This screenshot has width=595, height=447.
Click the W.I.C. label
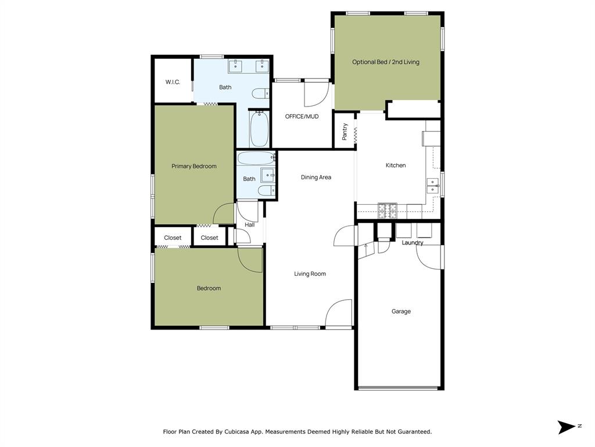[x=173, y=82]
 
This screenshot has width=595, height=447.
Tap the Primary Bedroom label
[x=194, y=166]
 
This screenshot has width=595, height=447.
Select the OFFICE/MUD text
[x=302, y=116]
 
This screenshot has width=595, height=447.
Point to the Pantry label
[x=345, y=132]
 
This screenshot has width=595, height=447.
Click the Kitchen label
[x=396, y=165]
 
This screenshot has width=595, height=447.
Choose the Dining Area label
[x=316, y=178]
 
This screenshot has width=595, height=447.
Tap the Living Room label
[x=310, y=274]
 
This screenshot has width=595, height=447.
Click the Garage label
[x=401, y=311]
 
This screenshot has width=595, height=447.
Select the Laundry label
[x=413, y=243]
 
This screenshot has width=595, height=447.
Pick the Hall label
[x=249, y=225]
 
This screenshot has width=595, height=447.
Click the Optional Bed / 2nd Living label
[x=386, y=62]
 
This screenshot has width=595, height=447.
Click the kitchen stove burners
[x=388, y=211]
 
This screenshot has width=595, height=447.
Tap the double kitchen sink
[x=433, y=185]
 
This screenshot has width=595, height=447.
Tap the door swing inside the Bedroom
[x=250, y=258]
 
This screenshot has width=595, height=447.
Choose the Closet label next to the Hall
[x=210, y=237]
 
